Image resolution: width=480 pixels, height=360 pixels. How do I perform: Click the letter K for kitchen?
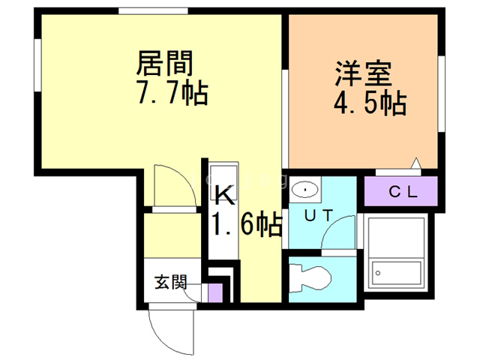tap(226, 196)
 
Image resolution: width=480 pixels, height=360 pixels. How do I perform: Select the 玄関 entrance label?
tap(172, 283)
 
